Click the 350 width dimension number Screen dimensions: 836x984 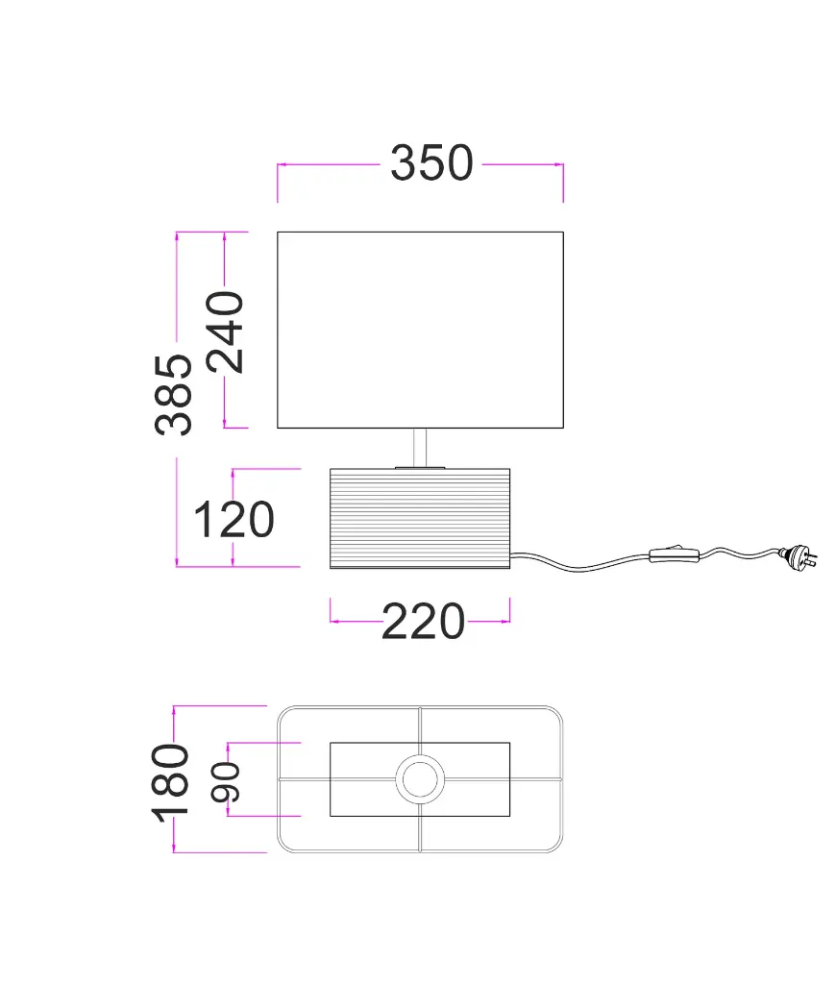pos(431,163)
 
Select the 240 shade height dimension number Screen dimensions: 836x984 pos(225,332)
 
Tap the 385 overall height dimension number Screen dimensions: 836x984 pos(173,395)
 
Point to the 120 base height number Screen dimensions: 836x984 pos(234,520)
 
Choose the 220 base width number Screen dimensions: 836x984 pos(423,622)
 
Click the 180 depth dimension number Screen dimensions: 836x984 pos(170,783)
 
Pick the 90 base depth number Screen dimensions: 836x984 pos(225,782)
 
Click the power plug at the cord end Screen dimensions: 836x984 pos(799,556)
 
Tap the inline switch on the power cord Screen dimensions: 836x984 pos(674,554)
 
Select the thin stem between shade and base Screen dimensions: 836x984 pos(420,448)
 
